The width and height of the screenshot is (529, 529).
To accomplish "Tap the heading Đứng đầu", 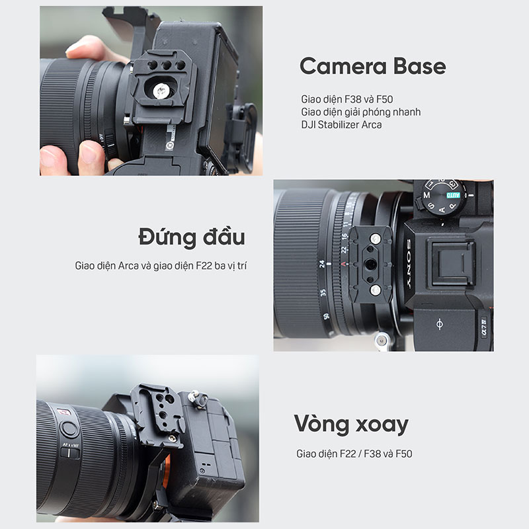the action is [x=192, y=237].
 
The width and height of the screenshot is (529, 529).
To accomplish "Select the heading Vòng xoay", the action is [x=351, y=424].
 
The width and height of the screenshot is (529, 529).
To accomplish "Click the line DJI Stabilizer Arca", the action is [x=341, y=124].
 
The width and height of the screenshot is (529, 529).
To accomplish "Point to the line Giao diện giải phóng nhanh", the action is [x=360, y=112].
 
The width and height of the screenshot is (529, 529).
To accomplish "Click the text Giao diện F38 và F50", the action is [x=346, y=99].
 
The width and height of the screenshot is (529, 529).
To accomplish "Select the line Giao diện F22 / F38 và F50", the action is [x=354, y=454].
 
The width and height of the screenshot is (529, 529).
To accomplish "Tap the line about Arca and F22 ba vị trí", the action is [x=161, y=266].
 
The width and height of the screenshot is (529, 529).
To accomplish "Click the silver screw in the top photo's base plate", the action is [x=159, y=91].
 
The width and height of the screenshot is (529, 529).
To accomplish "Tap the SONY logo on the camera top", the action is [x=409, y=263].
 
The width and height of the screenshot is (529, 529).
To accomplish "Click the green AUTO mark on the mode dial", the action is [x=453, y=195].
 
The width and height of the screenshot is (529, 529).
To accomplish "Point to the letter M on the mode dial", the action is [x=427, y=195].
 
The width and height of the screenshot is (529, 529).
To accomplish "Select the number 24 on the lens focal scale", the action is [x=322, y=264].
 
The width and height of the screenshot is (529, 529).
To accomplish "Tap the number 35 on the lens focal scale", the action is [x=323, y=292].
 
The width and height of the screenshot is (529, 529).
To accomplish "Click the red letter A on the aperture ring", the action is [x=343, y=264].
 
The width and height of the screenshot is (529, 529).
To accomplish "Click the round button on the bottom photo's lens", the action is [x=69, y=428].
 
